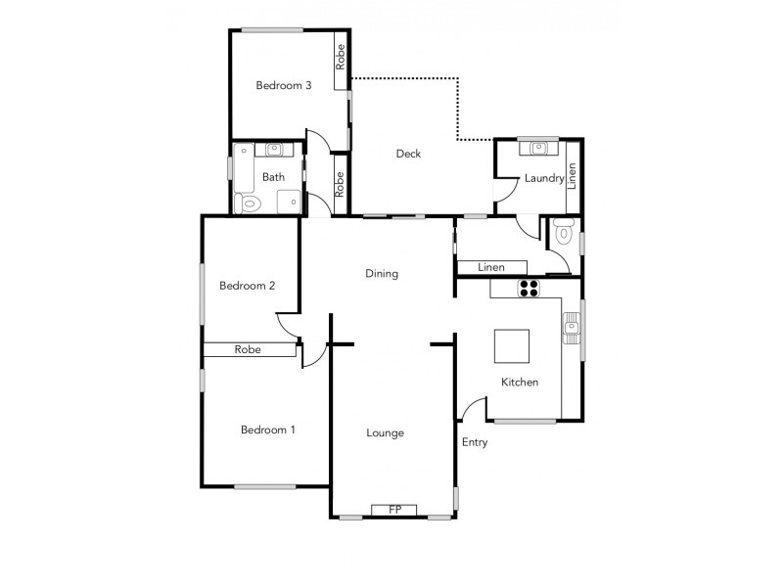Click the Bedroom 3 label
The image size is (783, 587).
point(284,86)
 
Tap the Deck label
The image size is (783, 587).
point(408,154)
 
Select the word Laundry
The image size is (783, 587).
point(544,178)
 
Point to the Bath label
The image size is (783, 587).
point(273,177)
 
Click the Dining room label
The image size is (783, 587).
point(382,274)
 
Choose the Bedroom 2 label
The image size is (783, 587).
point(247,287)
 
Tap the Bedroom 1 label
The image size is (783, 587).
point(269,429)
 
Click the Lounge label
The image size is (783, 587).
point(386,433)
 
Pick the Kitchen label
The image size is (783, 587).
point(520,383)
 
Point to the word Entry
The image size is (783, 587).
point(475,442)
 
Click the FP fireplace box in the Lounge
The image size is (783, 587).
point(394,510)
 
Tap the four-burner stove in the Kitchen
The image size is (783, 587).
point(529,288)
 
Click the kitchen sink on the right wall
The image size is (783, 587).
point(572,324)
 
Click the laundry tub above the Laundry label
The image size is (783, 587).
point(538,149)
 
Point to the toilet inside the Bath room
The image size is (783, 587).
point(250,203)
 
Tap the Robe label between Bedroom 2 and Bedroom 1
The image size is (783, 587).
point(248,349)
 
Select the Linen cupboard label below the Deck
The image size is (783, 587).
point(491,267)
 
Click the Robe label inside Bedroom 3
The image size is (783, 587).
point(340,58)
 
